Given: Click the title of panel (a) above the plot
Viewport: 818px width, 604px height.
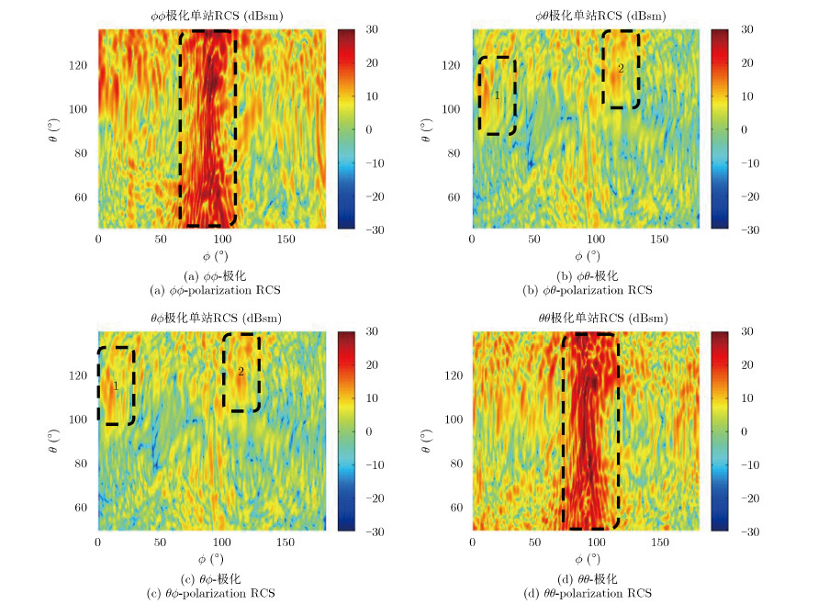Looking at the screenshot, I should pos(215,16).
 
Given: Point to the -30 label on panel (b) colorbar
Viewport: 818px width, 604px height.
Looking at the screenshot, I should pos(745,229).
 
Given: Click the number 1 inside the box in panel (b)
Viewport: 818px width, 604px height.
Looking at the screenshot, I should pos(497,95).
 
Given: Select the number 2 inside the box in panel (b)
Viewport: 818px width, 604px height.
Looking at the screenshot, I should pos(621,68).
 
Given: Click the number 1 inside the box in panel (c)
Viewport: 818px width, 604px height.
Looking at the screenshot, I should pos(116,386).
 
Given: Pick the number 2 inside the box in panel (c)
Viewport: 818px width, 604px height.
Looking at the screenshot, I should pos(241,372).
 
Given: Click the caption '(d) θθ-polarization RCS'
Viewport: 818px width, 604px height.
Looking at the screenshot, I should pos(588,594).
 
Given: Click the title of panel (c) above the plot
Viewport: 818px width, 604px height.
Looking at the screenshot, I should pos(215,318).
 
